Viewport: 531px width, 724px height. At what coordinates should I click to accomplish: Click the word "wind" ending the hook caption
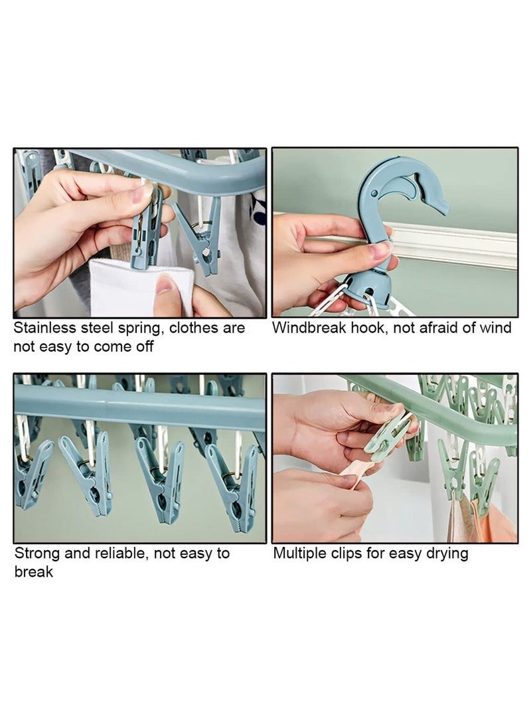tap(496, 328)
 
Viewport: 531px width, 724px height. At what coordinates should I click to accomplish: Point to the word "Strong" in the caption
tap(37, 553)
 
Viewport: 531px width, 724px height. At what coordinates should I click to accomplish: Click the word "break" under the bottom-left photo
tap(33, 571)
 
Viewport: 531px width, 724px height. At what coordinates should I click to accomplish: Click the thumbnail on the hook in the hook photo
tap(380, 250)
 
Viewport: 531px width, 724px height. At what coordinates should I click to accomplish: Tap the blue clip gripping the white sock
tap(147, 229)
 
